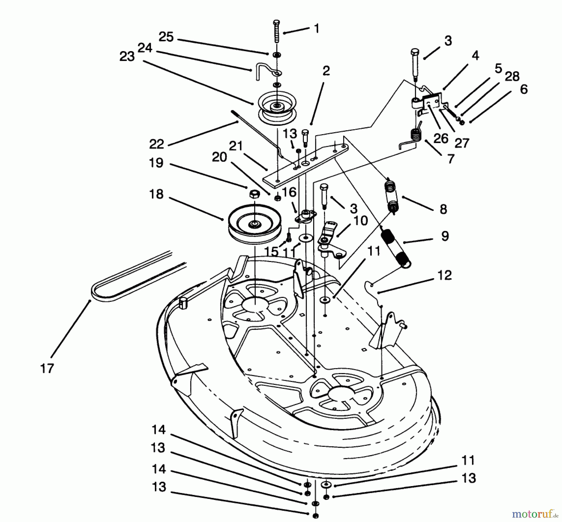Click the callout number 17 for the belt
click(47, 368)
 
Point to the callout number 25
click(166, 37)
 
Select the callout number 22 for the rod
click(156, 144)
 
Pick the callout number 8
click(443, 209)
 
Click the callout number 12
click(445, 275)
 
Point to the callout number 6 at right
click(524, 89)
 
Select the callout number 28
click(512, 76)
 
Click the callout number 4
click(475, 56)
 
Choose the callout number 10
click(361, 221)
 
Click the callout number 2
click(326, 71)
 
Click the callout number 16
click(289, 192)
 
